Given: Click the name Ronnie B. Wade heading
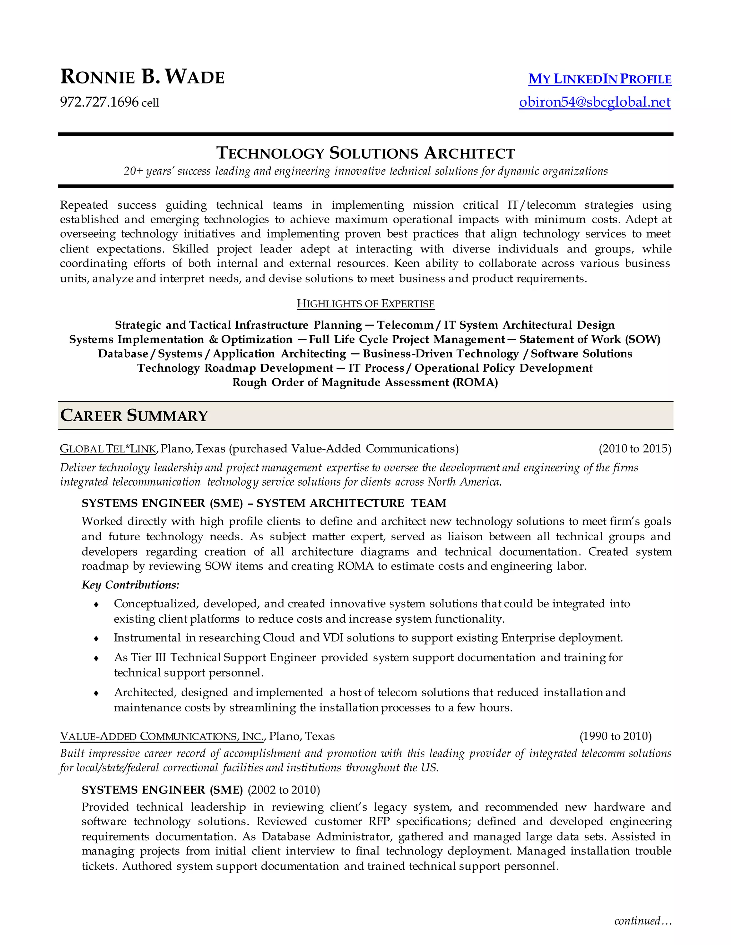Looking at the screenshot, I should click(142, 77).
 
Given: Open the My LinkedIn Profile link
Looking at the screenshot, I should click(599, 79).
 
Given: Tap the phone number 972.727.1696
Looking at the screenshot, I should click(99, 102).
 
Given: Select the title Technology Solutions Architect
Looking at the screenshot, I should click(365, 153).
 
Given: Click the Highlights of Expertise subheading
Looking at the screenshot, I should click(365, 304).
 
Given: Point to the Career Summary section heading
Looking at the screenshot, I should click(134, 415).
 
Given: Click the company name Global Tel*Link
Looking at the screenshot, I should click(108, 449).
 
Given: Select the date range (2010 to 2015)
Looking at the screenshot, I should click(634, 449).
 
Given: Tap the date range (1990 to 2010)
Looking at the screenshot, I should click(615, 736).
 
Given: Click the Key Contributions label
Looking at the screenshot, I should click(130, 585).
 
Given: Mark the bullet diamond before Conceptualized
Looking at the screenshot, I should click(96, 604).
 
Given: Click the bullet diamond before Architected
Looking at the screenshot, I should click(96, 693).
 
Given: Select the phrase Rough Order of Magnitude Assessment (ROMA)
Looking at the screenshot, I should click(365, 383).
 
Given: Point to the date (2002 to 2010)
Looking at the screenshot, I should click(284, 790).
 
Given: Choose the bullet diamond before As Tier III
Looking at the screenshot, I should click(96, 658).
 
